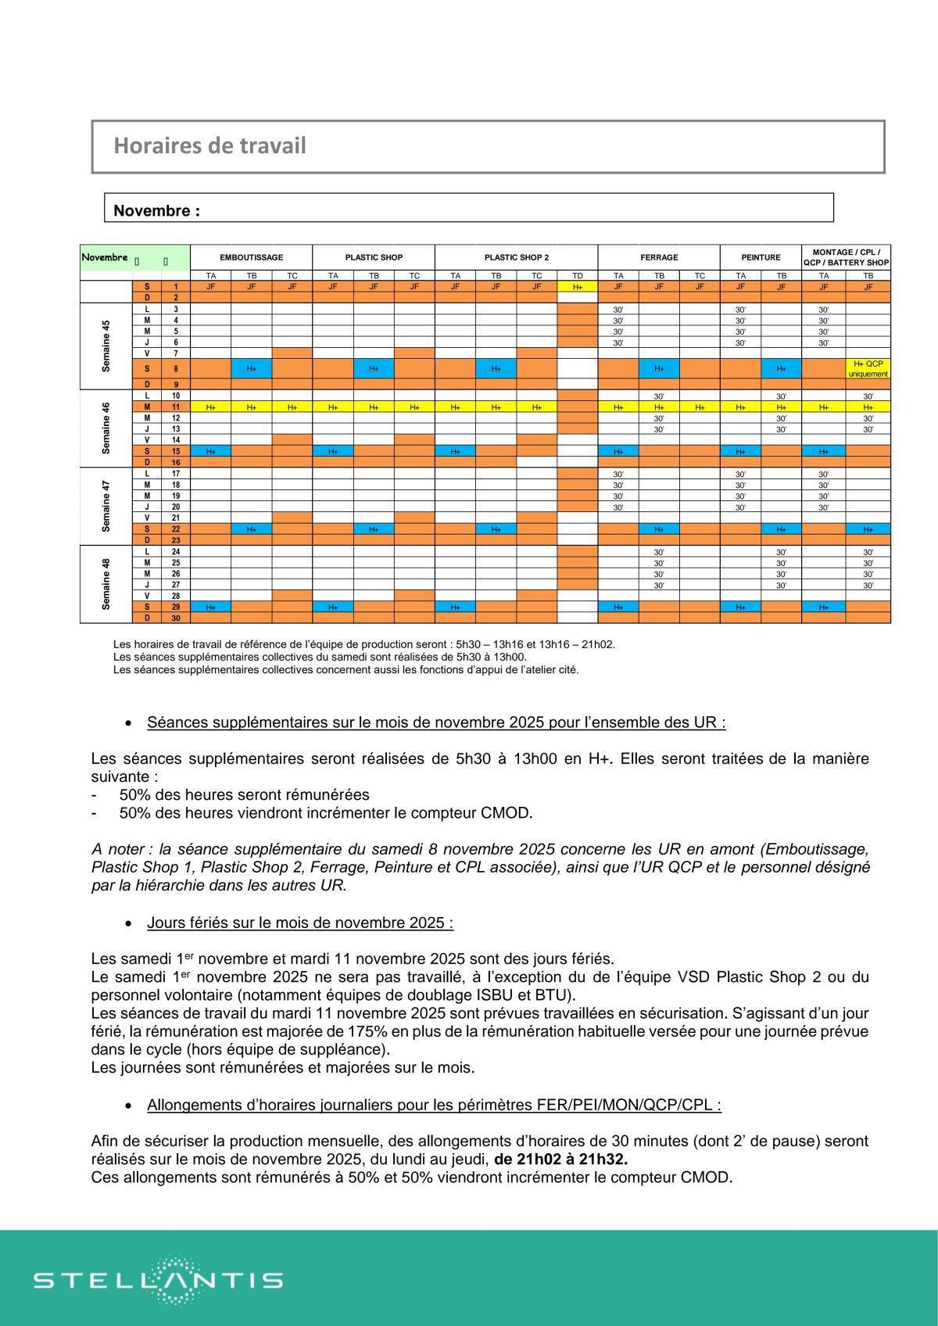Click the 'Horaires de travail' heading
click(209, 146)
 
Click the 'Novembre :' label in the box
click(156, 211)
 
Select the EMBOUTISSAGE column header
click(251, 257)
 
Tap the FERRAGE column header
click(659, 257)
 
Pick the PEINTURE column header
click(761, 257)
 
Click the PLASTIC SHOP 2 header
click(516, 257)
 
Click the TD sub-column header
click(577, 276)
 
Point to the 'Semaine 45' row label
click(106, 346)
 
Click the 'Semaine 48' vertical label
click(106, 584)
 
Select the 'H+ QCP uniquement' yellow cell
click(868, 368)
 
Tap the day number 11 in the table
click(176, 407)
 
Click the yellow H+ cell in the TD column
click(577, 287)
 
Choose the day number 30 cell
click(176, 618)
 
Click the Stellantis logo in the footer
click(158, 1280)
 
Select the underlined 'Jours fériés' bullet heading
click(299, 923)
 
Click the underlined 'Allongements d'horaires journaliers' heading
click(433, 1105)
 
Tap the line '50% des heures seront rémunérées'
click(244, 794)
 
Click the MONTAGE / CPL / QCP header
click(846, 257)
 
